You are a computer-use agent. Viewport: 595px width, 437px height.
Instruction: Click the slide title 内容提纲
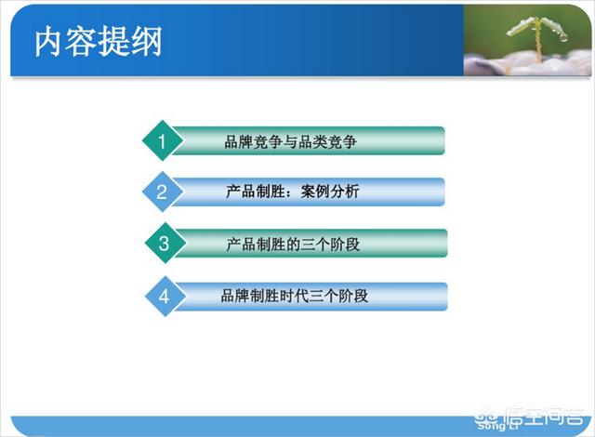click(99, 41)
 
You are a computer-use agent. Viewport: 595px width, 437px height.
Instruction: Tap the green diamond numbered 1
click(163, 140)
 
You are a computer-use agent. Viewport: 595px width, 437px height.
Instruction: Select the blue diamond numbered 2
click(163, 192)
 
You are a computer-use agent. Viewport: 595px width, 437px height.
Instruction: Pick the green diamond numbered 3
click(165, 244)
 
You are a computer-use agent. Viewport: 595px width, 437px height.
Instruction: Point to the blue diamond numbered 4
click(165, 297)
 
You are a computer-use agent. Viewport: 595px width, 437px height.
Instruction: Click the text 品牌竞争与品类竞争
click(291, 141)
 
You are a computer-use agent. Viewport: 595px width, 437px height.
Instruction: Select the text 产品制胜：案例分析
click(292, 192)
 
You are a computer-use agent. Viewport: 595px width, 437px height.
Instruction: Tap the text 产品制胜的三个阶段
click(293, 245)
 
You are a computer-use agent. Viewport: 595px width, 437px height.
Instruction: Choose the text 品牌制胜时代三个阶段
click(295, 296)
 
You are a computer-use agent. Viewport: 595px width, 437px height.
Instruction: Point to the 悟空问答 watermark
click(529, 418)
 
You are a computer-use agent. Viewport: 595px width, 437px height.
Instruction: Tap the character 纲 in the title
click(147, 42)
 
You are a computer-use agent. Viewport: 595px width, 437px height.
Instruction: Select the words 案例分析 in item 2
click(330, 192)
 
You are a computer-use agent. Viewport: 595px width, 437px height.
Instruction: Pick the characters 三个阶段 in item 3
click(331, 245)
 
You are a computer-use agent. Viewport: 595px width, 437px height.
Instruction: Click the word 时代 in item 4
click(295, 296)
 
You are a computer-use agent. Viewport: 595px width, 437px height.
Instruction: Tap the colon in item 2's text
click(289, 192)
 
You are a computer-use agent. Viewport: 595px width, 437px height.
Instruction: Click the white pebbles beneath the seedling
click(527, 64)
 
